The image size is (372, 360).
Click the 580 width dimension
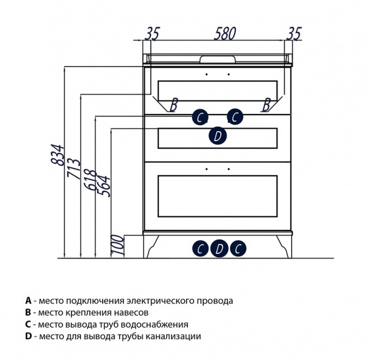pos(225,34)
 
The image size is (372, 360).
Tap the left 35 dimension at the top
pos(152,34)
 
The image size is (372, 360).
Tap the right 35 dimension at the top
pos(294,33)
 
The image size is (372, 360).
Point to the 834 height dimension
pos(57,154)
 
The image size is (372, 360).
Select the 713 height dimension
pos(74,168)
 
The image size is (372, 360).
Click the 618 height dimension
pos(91,180)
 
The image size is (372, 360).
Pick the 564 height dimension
pos(105,186)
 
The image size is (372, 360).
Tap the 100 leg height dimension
pos(118,245)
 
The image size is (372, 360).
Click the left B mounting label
pos(174,105)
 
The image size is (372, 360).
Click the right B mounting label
pos(266,105)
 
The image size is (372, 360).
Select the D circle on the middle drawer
pos(218,136)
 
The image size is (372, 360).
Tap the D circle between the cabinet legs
pos(219,249)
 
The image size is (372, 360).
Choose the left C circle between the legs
pos(200,249)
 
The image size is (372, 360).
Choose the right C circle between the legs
pos(238,249)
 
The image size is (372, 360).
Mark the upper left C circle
pos(200,117)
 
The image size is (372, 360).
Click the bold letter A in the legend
pos(29,301)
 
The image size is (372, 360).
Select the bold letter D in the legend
pos(29,337)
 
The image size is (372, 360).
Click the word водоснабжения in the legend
pos(154,324)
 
